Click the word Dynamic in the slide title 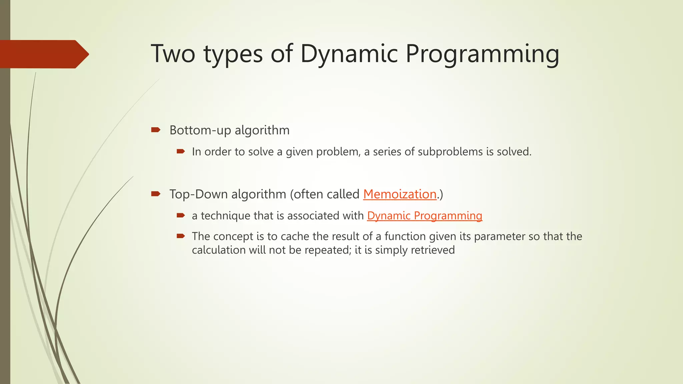pos(349,54)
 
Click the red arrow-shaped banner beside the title pos(43,54)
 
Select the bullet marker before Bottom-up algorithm pos(156,130)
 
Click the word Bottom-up pos(200,130)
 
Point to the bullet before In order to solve pos(181,152)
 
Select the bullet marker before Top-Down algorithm pos(156,194)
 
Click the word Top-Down pos(198,194)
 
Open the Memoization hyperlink pos(400,194)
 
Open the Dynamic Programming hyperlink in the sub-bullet pos(424,216)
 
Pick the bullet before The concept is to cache pos(181,236)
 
